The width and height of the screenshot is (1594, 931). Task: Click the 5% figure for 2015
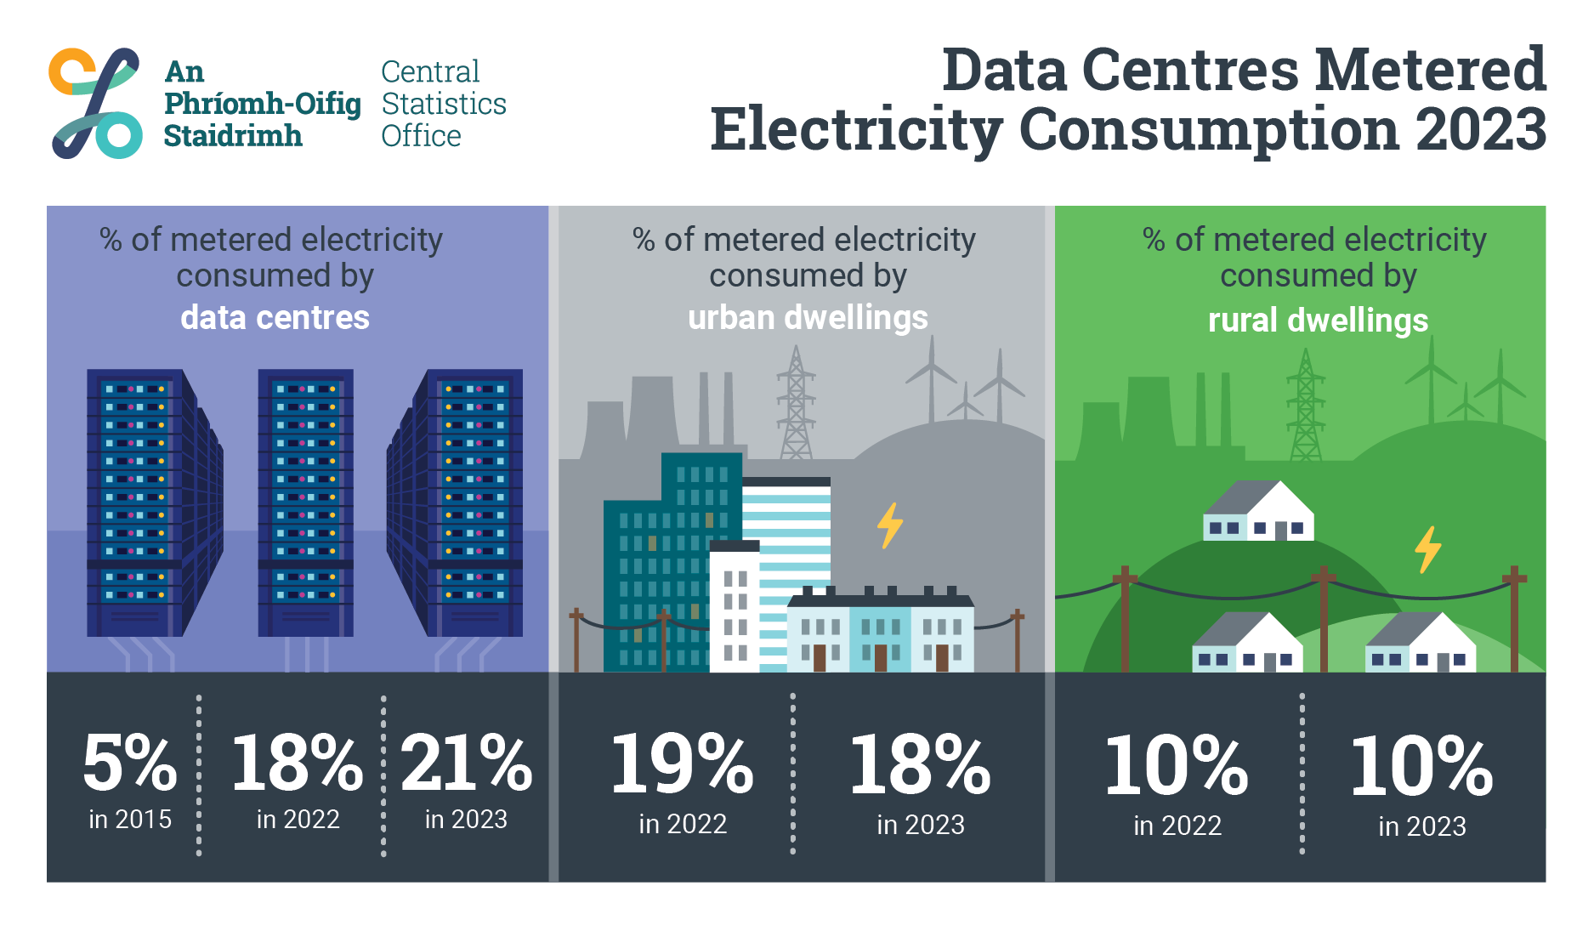pos(129,763)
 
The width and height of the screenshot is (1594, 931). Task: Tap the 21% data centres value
pos(466,763)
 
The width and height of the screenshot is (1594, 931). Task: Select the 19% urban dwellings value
pos(682,764)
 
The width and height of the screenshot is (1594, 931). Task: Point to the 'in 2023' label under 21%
pos(466,819)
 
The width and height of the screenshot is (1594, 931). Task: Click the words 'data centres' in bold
pos(275,317)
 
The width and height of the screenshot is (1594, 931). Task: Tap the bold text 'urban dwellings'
pos(808,317)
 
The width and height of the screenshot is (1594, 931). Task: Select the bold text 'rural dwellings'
pos(1318,321)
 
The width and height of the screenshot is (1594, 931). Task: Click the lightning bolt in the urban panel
pos(889,525)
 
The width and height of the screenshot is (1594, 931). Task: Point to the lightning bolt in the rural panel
pos(1427,548)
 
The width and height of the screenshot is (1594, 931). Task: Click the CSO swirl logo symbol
pos(95,103)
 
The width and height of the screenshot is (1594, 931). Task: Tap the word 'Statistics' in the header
pos(443,104)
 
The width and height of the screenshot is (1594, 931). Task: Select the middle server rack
pos(305,502)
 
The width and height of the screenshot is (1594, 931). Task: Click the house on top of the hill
pos(1259,512)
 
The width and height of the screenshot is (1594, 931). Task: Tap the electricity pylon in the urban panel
pos(796,404)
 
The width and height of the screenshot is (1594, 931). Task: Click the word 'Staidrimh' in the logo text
pos(232,136)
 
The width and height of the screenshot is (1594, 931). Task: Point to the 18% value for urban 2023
pos(920,765)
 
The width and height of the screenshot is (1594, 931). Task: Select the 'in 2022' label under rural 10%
pos(1177,825)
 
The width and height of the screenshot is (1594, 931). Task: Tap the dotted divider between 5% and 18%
pos(199,774)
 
